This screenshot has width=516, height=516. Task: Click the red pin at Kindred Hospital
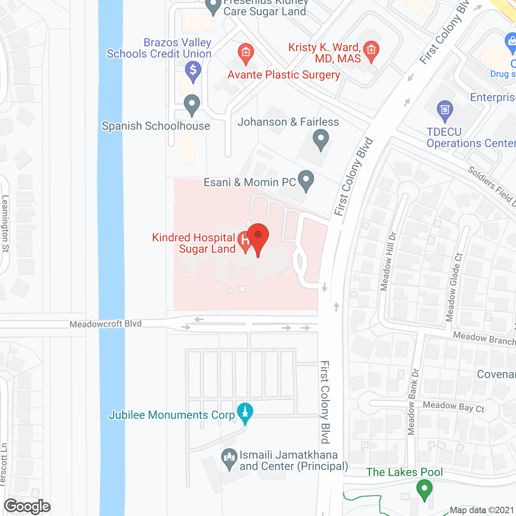point(258,237)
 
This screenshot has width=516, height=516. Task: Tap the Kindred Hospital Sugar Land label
point(193,243)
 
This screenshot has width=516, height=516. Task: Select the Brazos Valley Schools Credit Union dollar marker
point(193,71)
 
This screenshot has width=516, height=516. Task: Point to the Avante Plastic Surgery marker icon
point(246,53)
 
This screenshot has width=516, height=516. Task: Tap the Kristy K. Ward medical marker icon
point(371,51)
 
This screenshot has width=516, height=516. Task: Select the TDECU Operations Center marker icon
point(445,110)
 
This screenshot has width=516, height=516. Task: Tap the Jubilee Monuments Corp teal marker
point(245,412)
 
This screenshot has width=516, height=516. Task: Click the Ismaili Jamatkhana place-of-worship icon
point(229,458)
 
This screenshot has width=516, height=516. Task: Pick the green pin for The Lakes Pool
point(424,489)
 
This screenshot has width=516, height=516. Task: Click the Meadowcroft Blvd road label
point(106,324)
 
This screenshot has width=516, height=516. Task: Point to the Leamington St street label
point(6,224)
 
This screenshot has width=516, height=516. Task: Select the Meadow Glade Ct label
point(454,287)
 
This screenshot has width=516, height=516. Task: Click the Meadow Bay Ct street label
point(454,407)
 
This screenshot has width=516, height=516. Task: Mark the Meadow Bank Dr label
point(413,402)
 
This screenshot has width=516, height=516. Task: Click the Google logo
point(27,506)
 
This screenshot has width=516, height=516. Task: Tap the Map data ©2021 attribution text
point(482,510)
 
